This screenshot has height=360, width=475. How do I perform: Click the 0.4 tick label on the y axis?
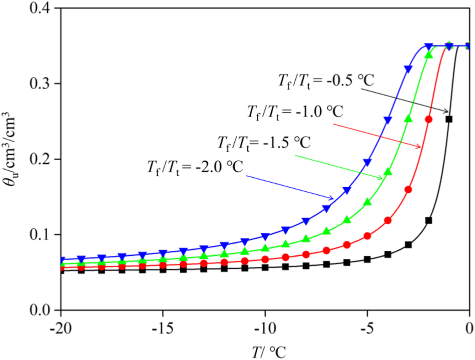click(x=39, y=9)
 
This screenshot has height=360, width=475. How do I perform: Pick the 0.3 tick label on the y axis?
click(x=39, y=84)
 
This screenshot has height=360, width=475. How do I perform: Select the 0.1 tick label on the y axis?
click(x=39, y=235)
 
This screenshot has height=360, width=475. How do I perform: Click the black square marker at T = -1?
click(x=449, y=119)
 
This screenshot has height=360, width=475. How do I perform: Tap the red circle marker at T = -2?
click(x=428, y=119)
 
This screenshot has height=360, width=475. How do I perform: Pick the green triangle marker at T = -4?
click(x=387, y=172)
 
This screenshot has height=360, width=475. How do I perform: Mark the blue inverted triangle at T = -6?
click(x=347, y=190)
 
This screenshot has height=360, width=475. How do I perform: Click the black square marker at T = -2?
click(x=428, y=220)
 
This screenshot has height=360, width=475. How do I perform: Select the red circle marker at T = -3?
click(x=408, y=190)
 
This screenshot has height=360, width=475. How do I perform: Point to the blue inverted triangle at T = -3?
click(x=408, y=70)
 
